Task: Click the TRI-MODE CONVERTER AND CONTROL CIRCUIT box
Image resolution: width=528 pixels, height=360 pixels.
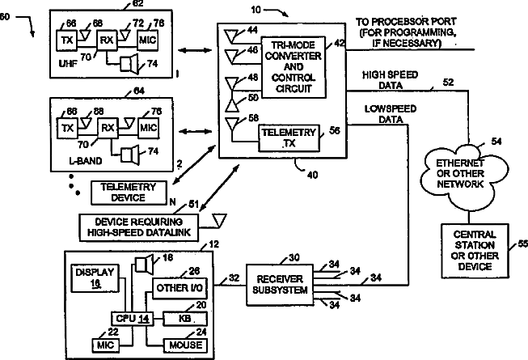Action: coord(294,67)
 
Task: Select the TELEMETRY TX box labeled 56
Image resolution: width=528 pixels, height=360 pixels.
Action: coord(289,138)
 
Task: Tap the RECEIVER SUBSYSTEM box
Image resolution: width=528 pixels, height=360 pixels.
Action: coord(280,285)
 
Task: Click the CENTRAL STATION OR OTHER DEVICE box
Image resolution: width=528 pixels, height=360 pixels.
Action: coord(475,251)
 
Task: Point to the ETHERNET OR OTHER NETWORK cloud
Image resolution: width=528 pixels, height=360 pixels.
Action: coord(461,174)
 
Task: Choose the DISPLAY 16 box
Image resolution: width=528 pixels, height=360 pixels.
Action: coord(95,278)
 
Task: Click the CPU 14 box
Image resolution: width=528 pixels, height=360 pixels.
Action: coord(133,319)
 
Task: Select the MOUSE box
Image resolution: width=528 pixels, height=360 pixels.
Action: coord(185,345)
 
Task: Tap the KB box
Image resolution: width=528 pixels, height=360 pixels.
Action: coord(185,319)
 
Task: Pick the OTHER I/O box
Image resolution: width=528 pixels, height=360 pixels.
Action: coord(180,288)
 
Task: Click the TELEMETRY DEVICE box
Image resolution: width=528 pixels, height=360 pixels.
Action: coord(129,193)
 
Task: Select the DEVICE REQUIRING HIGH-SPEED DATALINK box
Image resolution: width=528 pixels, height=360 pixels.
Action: coord(139,227)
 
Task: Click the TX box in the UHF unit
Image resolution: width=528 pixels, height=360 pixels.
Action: coord(66,40)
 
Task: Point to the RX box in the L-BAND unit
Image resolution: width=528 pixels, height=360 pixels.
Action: coord(108,128)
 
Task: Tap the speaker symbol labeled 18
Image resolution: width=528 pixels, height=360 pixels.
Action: coord(144,264)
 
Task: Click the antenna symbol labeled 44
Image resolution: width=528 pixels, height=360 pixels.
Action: coord(232,36)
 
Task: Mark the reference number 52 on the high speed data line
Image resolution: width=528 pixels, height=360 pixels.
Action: coord(448,83)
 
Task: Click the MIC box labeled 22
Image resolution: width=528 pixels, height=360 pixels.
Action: coord(106,345)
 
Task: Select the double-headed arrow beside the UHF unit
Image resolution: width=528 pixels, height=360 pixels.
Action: coord(195,50)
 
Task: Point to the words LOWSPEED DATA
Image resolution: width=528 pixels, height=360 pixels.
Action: coord(391,114)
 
